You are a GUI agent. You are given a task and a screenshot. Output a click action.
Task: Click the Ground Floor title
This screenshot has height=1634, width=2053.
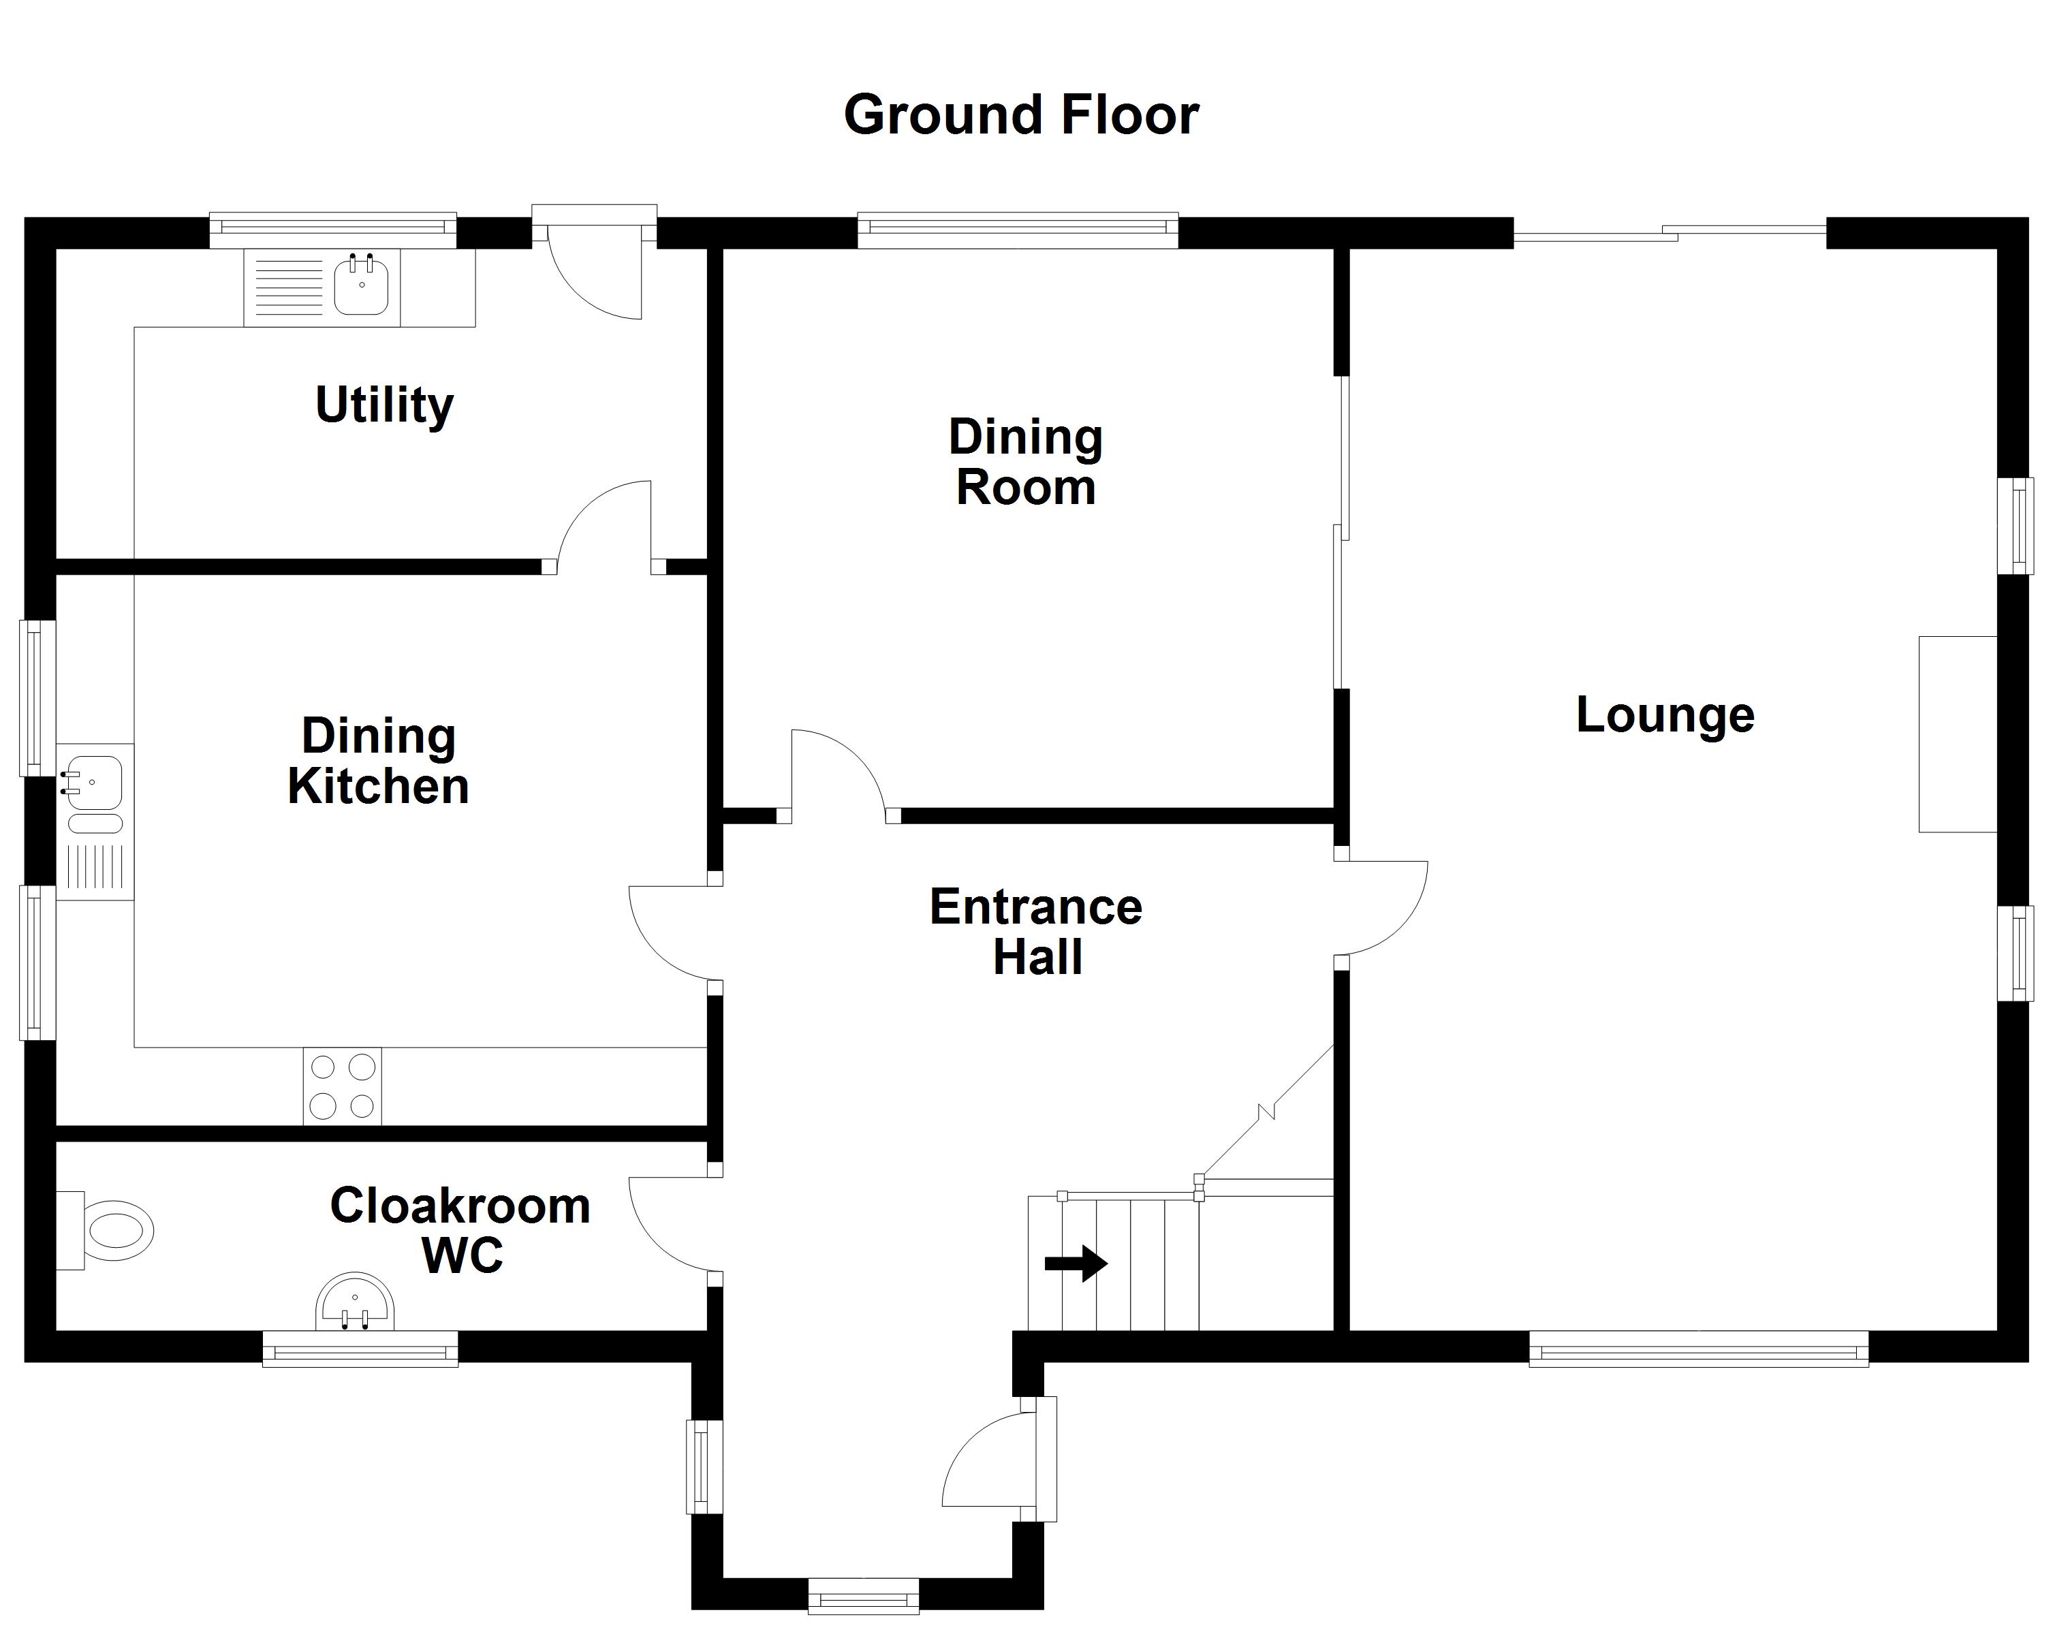pos(1021,115)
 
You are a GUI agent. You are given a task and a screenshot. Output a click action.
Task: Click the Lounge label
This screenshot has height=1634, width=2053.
pos(1665,715)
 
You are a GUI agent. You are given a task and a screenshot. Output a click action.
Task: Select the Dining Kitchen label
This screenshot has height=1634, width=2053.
pos(378,761)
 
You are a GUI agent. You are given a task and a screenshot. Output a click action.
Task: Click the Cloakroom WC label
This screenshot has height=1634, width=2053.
pos(460,1230)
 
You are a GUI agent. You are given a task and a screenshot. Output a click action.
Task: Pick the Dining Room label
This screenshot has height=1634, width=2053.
pos(1026,462)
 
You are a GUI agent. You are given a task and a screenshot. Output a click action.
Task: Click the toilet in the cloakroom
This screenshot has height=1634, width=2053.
pos(110,1229)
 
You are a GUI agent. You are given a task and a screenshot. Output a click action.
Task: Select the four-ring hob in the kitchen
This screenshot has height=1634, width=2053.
pos(342,1086)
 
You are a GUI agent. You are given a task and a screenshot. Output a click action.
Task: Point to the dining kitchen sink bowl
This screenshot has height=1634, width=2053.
pos(93,783)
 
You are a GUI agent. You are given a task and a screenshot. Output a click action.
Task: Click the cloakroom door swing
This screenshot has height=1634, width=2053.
pos(672,1225)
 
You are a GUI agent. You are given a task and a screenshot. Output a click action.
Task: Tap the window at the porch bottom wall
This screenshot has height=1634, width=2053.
pos(863,1597)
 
